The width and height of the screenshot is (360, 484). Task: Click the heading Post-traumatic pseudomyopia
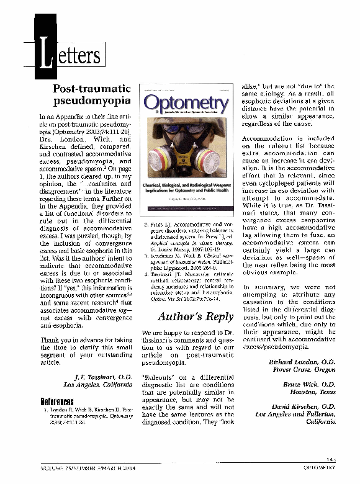(x=91, y=94)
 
